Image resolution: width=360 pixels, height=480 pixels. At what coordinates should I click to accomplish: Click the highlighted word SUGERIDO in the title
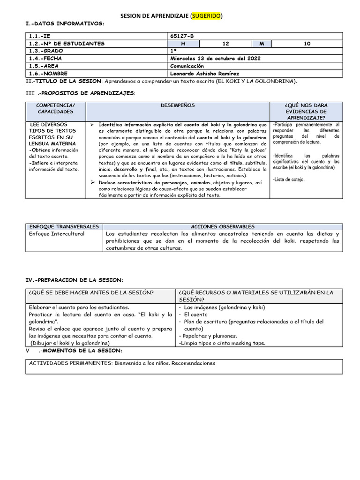(x=206, y=16)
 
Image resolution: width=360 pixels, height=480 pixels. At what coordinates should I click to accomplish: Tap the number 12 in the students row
(x=225, y=44)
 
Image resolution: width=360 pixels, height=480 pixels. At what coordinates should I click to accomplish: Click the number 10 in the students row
(x=307, y=44)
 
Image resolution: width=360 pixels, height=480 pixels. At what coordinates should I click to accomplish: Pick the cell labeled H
(x=184, y=44)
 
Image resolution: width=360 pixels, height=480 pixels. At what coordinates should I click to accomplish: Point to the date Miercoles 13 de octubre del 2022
(x=215, y=59)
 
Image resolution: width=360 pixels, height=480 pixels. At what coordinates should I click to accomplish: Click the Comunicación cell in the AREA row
(x=187, y=66)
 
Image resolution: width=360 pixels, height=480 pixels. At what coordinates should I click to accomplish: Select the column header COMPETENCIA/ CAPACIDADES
(x=55, y=109)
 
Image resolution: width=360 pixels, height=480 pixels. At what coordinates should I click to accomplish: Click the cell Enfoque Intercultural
(x=57, y=233)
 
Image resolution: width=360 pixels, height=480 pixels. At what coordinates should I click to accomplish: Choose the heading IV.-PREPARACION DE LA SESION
(x=74, y=280)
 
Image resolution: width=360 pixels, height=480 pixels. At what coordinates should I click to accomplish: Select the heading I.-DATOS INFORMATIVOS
(x=64, y=23)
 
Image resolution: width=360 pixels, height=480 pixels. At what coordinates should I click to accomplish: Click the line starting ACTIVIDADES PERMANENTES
(x=122, y=363)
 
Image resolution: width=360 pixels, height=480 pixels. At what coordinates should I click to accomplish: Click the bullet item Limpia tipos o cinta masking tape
(x=222, y=343)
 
